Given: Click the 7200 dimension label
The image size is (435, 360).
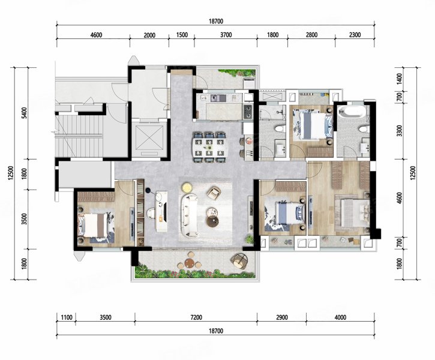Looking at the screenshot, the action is [196, 317].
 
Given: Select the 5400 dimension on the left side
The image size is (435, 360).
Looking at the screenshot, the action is [25, 113].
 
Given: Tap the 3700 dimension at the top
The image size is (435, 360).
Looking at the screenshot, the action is [226, 35].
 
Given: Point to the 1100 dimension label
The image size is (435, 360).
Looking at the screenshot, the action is [67, 317].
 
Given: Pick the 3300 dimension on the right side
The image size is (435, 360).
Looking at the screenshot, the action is [399, 131].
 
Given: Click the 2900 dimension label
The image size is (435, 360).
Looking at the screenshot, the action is [281, 317].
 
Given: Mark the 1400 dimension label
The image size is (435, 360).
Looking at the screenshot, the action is [399, 79].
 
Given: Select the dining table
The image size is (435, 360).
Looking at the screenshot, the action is [211, 147].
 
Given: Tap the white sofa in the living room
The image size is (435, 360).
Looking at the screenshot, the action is [190, 215].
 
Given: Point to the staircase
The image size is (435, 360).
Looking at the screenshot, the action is [79, 136].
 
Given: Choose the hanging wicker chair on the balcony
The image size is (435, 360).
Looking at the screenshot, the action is [239, 260].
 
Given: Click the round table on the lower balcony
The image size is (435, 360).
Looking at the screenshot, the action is [190, 263].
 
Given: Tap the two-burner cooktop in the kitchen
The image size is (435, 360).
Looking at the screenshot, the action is [248, 111].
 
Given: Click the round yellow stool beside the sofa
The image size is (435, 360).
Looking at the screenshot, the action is [187, 188].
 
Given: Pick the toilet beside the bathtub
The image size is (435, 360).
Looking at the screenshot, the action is [363, 129].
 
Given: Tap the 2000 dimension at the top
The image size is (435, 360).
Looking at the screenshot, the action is [149, 35].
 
